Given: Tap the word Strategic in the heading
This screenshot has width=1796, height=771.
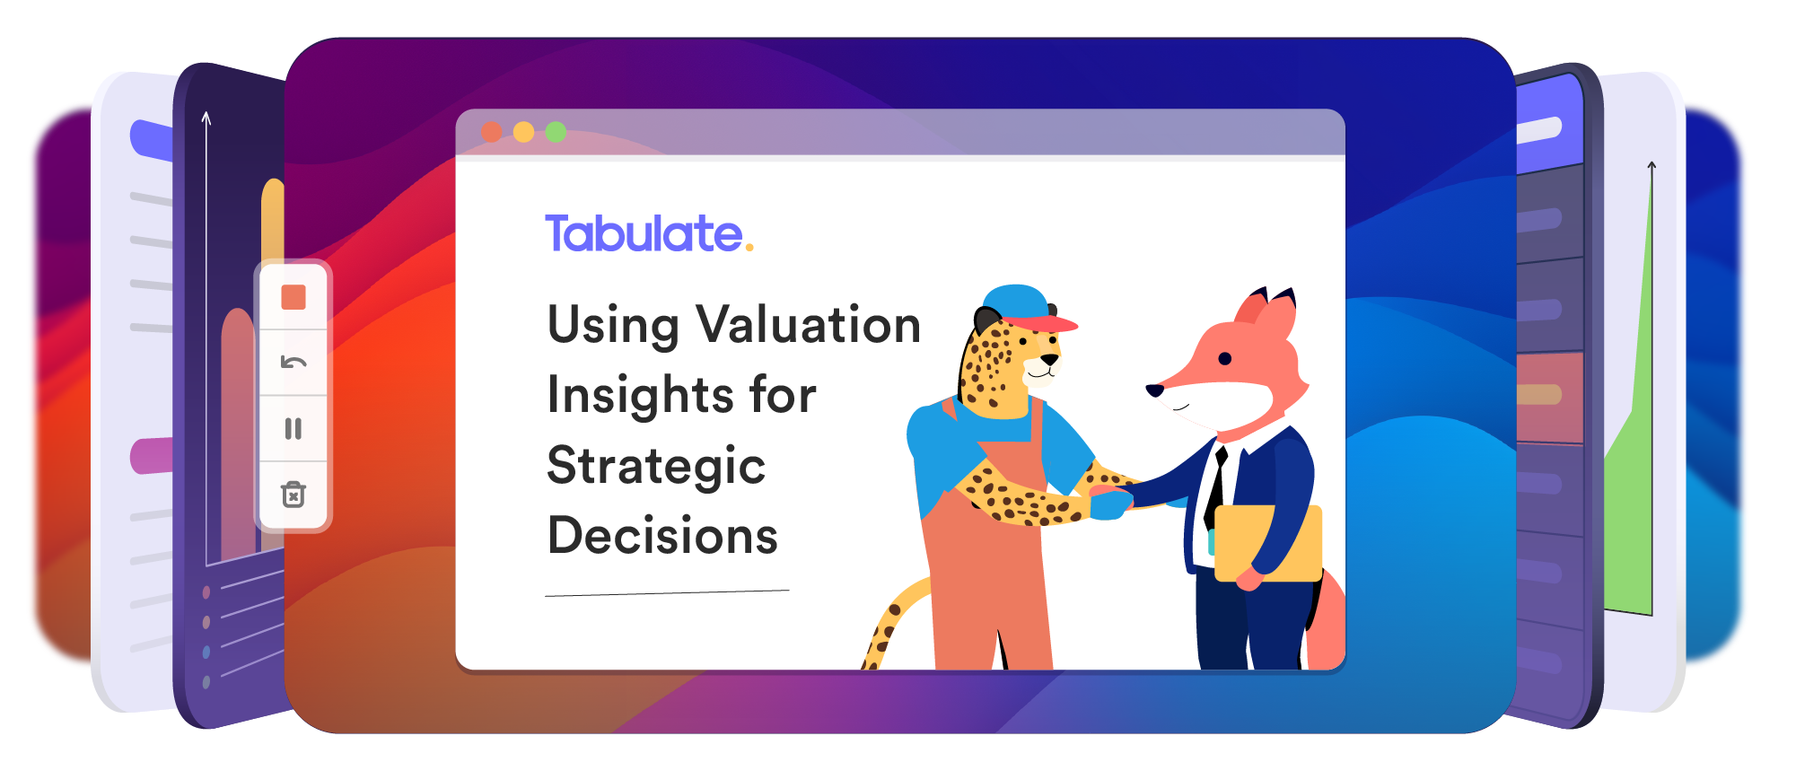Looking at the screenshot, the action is [656, 467].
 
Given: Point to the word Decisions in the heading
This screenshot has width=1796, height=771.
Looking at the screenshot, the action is [662, 536].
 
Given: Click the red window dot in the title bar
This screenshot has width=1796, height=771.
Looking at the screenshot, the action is [492, 132].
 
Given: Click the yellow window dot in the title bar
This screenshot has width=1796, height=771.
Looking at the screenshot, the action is [523, 132].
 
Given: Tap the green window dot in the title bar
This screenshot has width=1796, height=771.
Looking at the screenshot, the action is [556, 132].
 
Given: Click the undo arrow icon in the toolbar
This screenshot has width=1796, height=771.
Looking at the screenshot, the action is [293, 363].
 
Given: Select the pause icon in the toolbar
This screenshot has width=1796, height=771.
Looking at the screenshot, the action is [293, 429].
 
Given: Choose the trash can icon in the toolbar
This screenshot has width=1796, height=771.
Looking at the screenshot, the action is [293, 494].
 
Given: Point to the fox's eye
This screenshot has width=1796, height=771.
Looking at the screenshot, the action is [1224, 359].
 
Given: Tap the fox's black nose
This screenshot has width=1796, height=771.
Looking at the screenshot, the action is [1155, 390].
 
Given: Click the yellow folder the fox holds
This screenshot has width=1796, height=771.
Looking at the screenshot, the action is [1267, 543].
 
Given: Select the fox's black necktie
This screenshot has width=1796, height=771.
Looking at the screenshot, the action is [1216, 489].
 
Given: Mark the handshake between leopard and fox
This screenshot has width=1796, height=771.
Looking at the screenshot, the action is [1110, 501].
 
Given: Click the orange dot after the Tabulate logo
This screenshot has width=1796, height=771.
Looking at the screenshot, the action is [749, 248].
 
